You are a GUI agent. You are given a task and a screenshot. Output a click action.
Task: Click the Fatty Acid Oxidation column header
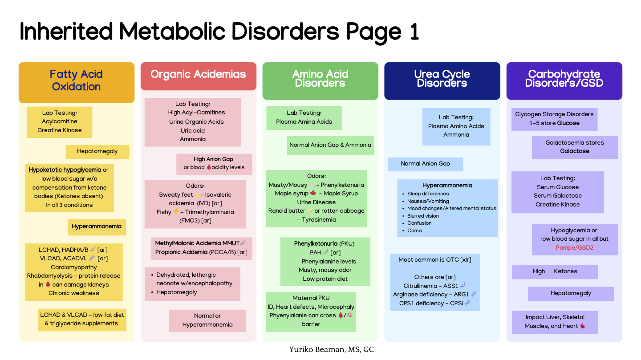tap(77, 81)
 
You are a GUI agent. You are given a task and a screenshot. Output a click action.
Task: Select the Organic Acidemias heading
tap(198, 74)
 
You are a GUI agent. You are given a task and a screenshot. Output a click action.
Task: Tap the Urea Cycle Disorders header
tap(442, 78)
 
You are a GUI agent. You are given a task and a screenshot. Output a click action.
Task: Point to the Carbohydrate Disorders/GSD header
tap(564, 78)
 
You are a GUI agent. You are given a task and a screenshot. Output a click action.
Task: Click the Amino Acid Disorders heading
tap(320, 78)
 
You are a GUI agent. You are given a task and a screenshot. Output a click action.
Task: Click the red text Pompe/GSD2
tap(575, 248)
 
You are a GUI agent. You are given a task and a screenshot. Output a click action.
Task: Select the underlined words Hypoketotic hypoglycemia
tap(65, 170)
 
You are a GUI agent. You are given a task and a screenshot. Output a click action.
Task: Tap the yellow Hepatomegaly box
tap(97, 151)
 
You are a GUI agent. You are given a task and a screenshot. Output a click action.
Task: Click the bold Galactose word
tap(575, 151)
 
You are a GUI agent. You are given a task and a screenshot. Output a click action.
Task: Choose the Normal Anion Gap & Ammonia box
tap(330, 146)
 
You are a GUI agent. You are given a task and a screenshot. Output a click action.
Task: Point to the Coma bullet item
tap(414, 231)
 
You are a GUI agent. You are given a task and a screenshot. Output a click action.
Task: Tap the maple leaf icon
tap(313, 193)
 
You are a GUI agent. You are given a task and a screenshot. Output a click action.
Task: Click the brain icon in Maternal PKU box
tap(349, 315)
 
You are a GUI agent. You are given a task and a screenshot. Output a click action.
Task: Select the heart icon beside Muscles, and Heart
tap(583, 326)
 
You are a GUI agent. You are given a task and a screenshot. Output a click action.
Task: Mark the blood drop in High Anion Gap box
tap(209, 167)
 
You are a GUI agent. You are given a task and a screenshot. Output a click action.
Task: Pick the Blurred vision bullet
tap(423, 216)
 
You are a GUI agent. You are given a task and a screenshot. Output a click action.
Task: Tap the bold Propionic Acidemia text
tap(181, 252)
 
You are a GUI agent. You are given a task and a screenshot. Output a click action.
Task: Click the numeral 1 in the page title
tap(414, 32)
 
